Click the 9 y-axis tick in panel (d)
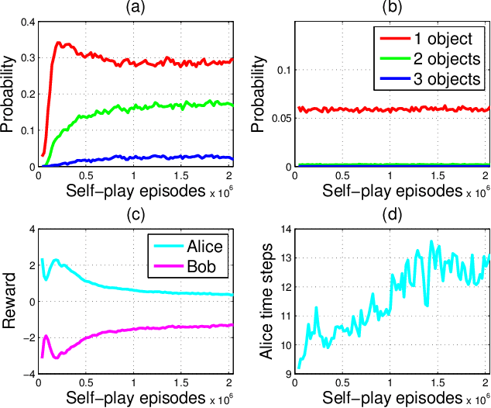(x=274, y=374)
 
